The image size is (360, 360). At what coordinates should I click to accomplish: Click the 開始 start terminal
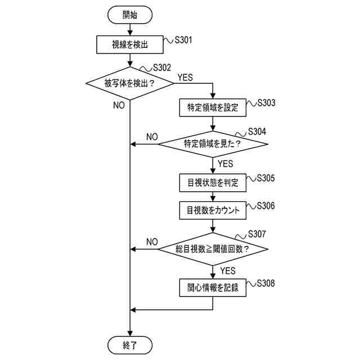pos(130,16)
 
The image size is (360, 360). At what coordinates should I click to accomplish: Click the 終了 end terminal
pos(130,344)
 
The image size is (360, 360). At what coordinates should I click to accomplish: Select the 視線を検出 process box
pos(130,44)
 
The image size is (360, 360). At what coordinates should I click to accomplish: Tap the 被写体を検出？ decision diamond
pos(130,83)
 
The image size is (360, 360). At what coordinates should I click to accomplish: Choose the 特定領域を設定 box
pos(213,107)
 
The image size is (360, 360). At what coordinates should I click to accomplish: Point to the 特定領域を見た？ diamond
pos(213,144)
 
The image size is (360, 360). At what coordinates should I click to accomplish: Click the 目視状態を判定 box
pos(213,182)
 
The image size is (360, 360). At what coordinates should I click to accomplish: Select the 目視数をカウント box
pos(213,210)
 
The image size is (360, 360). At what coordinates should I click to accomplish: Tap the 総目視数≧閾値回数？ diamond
pos(213,249)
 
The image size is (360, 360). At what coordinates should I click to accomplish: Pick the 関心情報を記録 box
pos(213,287)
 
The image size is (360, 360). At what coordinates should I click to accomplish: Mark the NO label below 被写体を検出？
pos(119,106)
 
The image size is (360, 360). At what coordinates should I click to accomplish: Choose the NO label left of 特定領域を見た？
pos(152,137)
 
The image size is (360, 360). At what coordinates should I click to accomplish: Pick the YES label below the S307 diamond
pos(228,271)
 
